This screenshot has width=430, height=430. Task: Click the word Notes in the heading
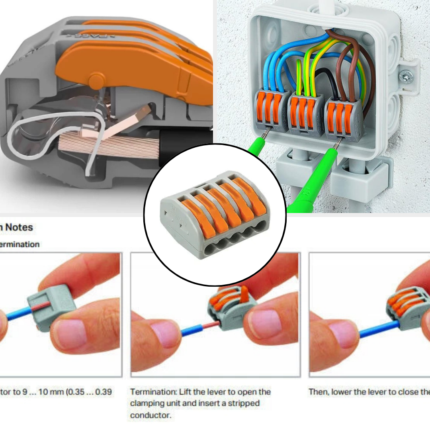(19, 227)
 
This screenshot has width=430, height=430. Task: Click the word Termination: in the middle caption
(153, 392)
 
